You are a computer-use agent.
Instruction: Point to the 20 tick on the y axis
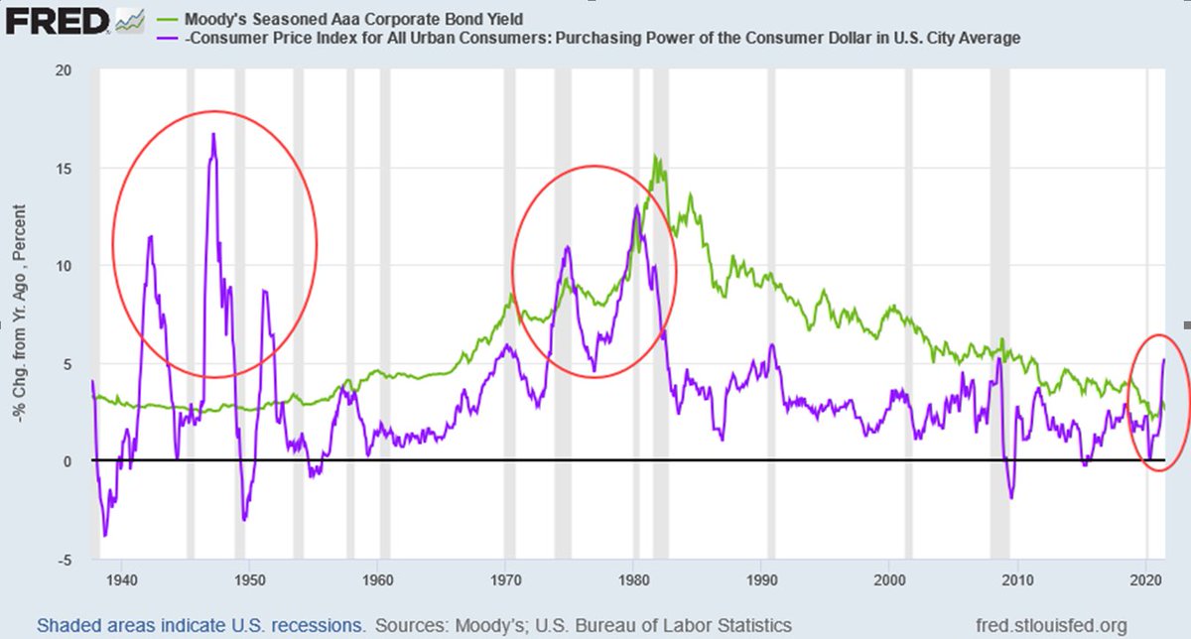pos(65,71)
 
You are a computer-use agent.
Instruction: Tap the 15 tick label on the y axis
pos(65,169)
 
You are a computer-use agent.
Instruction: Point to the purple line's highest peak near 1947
pos(212,134)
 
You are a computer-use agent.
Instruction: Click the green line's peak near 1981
pos(655,157)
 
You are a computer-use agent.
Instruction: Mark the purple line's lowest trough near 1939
pos(105,536)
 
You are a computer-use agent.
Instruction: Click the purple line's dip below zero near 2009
pos(1011,498)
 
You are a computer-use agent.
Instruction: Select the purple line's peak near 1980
pos(635,206)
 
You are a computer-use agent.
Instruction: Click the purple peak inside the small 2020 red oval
pos(1163,359)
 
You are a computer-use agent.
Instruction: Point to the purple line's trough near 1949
pos(244,519)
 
